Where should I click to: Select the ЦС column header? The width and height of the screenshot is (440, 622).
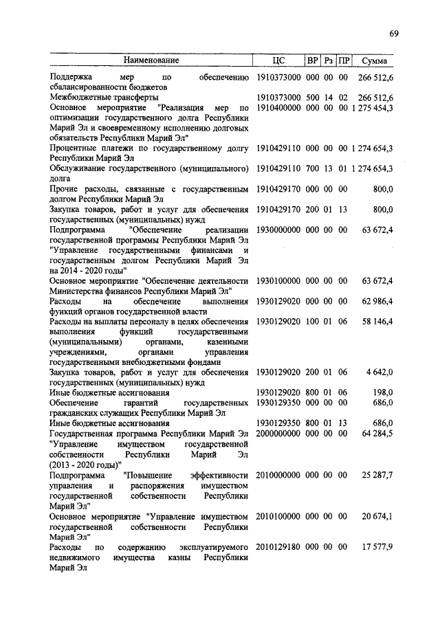point(278,60)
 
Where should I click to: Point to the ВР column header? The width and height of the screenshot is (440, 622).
point(313,60)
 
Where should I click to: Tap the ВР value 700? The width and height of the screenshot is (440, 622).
point(313,167)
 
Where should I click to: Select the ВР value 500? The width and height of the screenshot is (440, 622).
point(313,98)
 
